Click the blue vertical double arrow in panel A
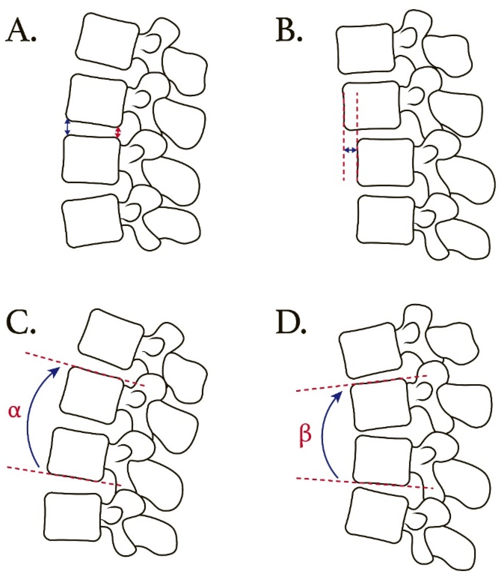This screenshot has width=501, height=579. click(x=67, y=128)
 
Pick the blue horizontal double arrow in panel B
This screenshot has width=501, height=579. click(x=350, y=150)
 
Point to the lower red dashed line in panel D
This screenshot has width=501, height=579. click(x=364, y=483)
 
